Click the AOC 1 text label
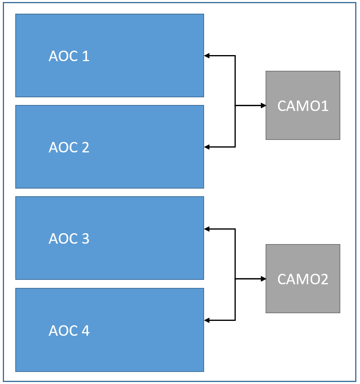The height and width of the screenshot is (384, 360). [69, 56]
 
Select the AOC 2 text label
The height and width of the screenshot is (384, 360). [69, 148]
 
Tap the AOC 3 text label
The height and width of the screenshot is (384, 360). [69, 239]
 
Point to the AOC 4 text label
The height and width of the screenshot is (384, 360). [69, 331]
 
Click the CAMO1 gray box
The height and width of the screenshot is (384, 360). [303, 105]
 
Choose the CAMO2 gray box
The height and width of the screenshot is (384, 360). [303, 279]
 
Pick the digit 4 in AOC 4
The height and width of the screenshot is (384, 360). [85, 331]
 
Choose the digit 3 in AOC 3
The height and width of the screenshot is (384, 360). [85, 239]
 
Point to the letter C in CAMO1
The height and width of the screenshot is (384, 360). [282, 106]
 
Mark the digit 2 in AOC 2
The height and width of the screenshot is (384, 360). [85, 148]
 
